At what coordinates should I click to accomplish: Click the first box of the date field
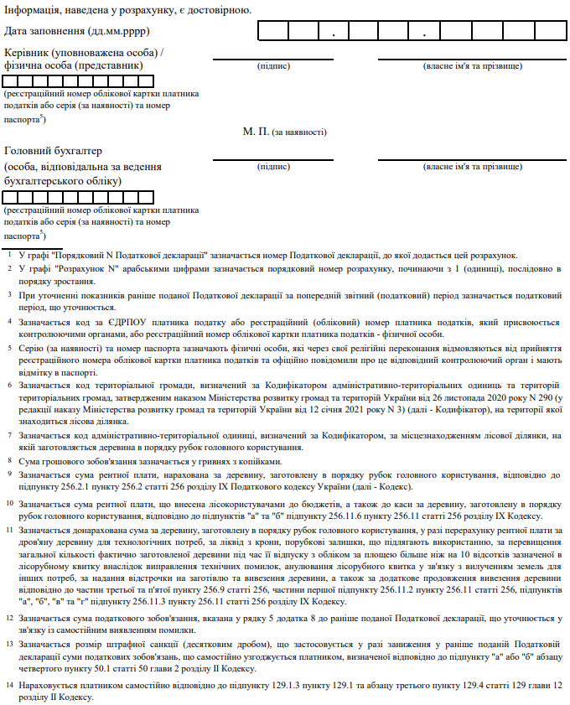(273, 32)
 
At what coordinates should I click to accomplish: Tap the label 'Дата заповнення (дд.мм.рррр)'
(65, 31)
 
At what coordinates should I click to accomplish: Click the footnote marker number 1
(8, 255)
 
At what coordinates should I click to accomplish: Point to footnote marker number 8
(8, 461)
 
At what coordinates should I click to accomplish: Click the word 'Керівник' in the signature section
(33, 51)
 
